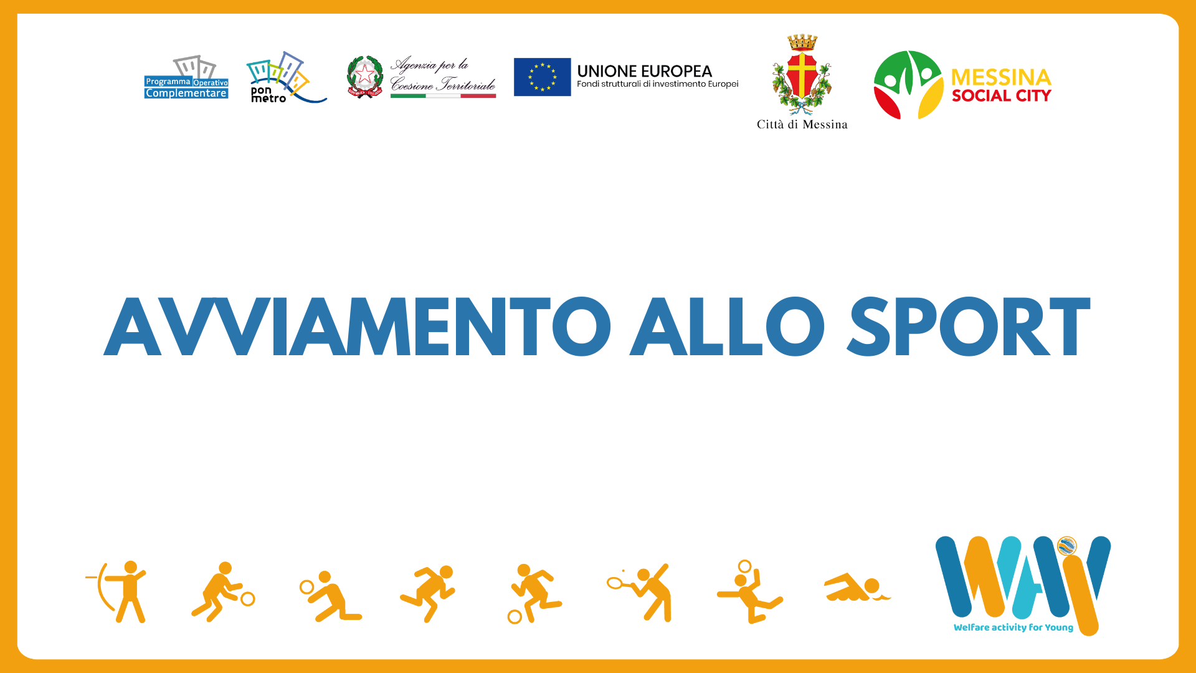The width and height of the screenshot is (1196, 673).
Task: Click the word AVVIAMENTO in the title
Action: point(357,326)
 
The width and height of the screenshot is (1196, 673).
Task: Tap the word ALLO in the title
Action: point(727,326)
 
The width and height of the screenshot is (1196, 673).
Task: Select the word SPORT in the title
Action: point(969,326)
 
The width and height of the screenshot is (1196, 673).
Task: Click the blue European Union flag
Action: point(542,77)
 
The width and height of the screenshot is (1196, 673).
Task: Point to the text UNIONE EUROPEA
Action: point(644,71)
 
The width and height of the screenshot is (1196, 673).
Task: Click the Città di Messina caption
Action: point(802,125)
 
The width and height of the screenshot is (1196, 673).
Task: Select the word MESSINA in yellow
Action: point(1001,78)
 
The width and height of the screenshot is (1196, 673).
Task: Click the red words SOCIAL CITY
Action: point(1001,96)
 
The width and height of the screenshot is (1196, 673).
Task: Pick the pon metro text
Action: point(268,94)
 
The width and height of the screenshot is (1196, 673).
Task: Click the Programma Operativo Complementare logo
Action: point(186,77)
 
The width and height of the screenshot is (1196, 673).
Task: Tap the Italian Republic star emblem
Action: point(364,77)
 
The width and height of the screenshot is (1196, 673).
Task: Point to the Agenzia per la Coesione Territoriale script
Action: point(442,75)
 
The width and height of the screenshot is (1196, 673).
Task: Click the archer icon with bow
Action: point(117,592)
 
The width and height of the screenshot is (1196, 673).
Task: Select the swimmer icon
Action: point(857,587)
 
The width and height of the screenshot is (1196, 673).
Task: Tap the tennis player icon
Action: point(640,592)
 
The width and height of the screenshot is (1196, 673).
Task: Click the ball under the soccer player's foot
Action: point(515,617)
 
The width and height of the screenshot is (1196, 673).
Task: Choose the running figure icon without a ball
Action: point(428,593)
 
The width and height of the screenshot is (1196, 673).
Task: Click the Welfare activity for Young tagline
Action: point(1013,628)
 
